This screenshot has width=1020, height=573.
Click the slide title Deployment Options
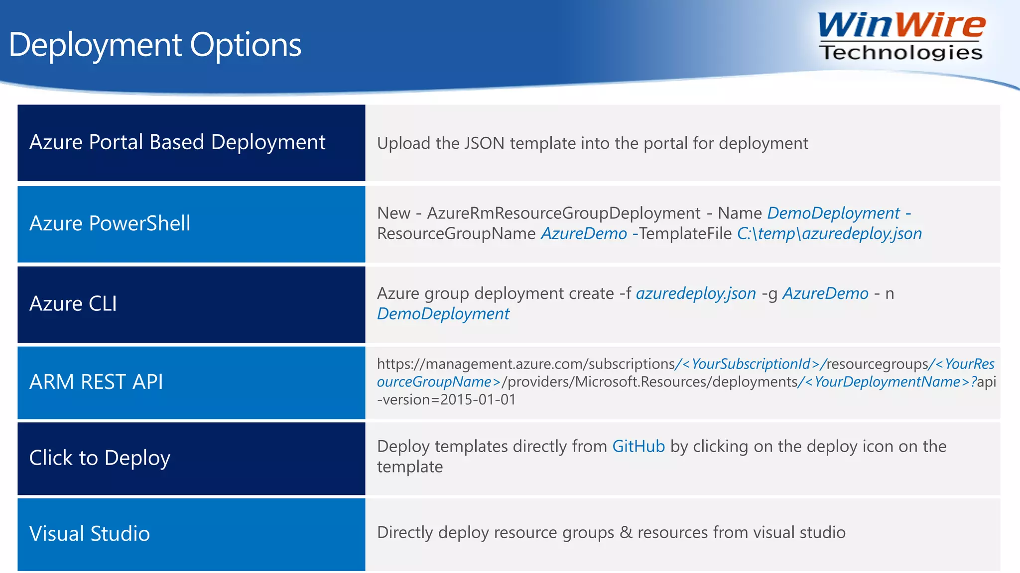click(x=155, y=45)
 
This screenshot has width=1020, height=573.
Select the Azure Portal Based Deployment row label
click(x=177, y=142)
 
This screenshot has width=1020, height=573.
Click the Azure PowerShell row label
click(x=110, y=223)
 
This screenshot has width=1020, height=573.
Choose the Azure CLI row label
click(x=73, y=304)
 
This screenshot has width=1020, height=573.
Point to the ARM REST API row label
click(x=96, y=382)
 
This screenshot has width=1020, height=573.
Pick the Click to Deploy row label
click(x=100, y=458)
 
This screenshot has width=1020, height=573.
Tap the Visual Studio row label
click(x=90, y=534)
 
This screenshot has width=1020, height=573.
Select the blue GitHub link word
click(x=638, y=446)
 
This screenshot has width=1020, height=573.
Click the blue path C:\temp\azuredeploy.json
click(x=829, y=233)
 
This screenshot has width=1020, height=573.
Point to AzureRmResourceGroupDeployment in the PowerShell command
click(x=564, y=213)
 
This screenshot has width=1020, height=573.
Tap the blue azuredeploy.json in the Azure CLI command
click(x=696, y=293)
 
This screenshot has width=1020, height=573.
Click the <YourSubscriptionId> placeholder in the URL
click(x=751, y=364)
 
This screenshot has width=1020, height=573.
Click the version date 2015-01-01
click(x=478, y=399)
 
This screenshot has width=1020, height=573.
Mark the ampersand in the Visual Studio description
click(x=626, y=532)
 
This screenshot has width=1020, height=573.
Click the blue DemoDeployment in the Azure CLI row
click(x=443, y=314)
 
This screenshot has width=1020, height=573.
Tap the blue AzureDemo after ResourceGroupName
click(x=584, y=233)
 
